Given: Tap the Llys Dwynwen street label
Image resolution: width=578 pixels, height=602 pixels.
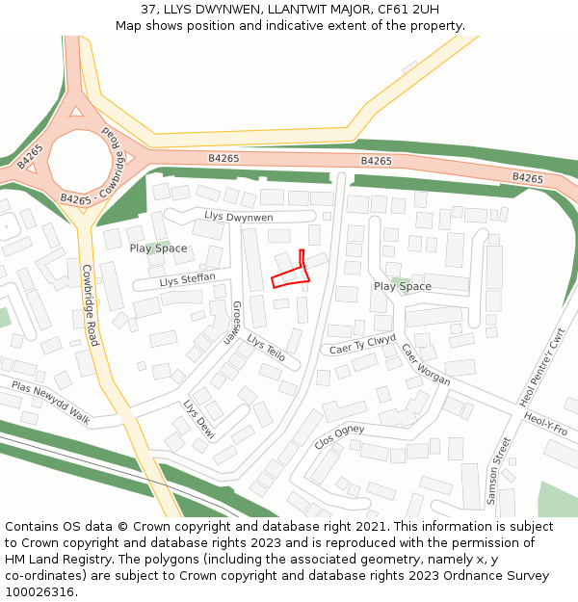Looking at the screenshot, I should tap(239, 217).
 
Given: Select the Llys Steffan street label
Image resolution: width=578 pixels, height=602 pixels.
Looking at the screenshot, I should tap(187, 280).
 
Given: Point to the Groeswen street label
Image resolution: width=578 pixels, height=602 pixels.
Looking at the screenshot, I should tap(234, 323).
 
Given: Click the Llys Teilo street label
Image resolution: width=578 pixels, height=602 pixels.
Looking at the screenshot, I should tap(266, 348).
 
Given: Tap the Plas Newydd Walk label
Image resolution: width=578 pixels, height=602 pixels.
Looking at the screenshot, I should tap(50, 403).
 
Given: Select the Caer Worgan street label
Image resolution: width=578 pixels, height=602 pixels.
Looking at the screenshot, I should tap(425, 364).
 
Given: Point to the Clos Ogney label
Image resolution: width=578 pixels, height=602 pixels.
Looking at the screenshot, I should tap(339, 436).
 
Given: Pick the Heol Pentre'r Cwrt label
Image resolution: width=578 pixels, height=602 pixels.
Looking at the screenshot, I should tap(542, 367).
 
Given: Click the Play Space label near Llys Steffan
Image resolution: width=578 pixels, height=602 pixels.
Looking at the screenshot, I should tap(158, 249).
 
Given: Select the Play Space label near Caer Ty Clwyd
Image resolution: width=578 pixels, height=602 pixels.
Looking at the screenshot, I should tap(402, 286).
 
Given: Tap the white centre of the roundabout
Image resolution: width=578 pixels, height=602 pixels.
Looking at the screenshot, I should tap(80, 161).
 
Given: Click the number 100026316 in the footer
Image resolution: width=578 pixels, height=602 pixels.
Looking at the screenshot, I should tap(39, 591).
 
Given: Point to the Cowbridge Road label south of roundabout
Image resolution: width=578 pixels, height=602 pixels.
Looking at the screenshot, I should tap(90, 305).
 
